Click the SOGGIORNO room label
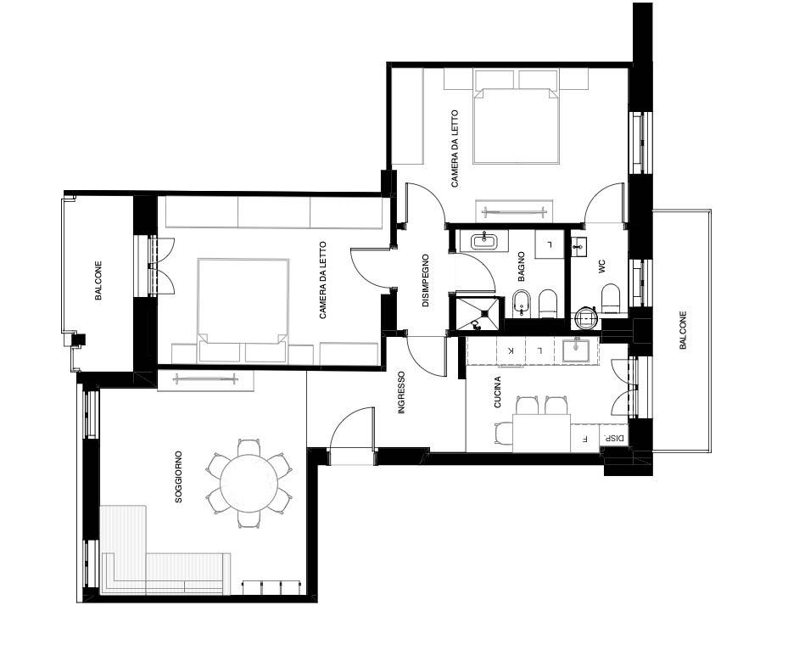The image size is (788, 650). (x=178, y=477)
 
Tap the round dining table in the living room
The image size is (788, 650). (x=249, y=483)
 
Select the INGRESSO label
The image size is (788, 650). (x=401, y=393)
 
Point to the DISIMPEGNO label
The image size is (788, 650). (x=426, y=281)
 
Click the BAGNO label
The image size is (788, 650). (x=521, y=266)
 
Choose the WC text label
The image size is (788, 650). (x=602, y=266)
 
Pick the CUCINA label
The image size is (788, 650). (x=498, y=392)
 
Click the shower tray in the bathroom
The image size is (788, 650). (x=477, y=313)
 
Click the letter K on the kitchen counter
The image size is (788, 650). (x=511, y=350)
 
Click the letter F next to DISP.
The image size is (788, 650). (x=584, y=439)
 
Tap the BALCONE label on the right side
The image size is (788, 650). (x=683, y=330)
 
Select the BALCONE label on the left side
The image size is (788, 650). (x=98, y=281)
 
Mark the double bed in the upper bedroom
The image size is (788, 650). (x=517, y=126)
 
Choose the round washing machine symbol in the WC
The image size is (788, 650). (x=586, y=317)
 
